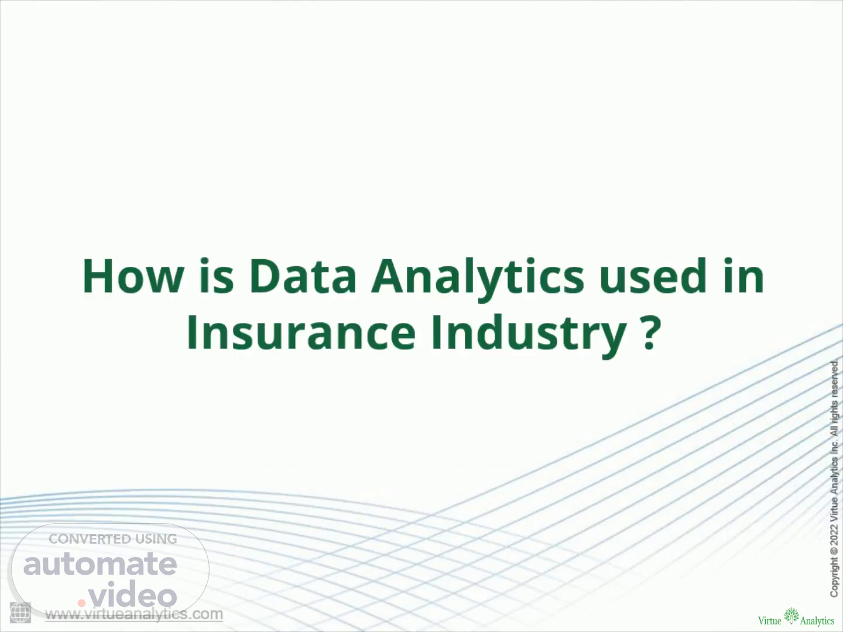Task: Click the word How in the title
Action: tap(133, 276)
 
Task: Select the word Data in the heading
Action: tap(303, 276)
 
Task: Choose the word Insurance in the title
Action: tap(301, 332)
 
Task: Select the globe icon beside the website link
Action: tap(20, 613)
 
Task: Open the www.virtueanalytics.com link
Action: tap(133, 614)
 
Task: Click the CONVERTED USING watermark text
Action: tap(112, 539)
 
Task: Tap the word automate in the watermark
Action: tap(100, 564)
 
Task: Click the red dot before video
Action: tap(81, 603)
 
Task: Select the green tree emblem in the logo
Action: tap(791, 616)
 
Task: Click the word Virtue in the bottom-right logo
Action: tap(770, 620)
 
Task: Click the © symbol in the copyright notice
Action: tap(834, 551)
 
